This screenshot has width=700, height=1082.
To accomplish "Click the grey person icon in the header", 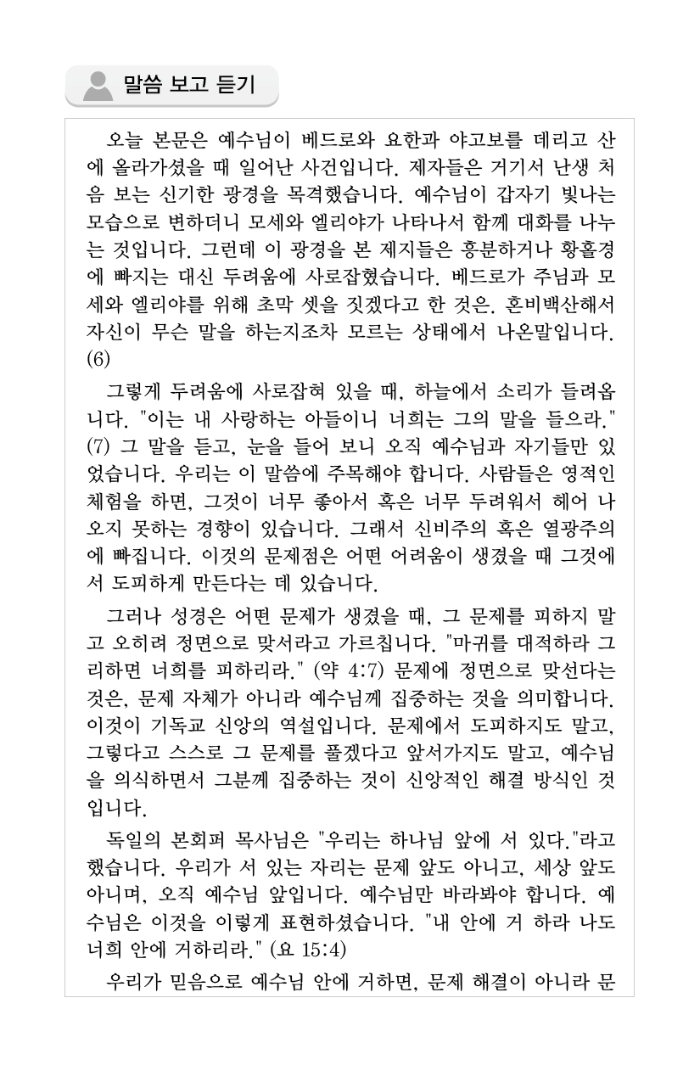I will pos(98,86).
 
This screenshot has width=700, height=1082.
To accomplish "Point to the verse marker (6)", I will pos(99,358).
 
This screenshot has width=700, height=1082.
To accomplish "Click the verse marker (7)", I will pos(99,444).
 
